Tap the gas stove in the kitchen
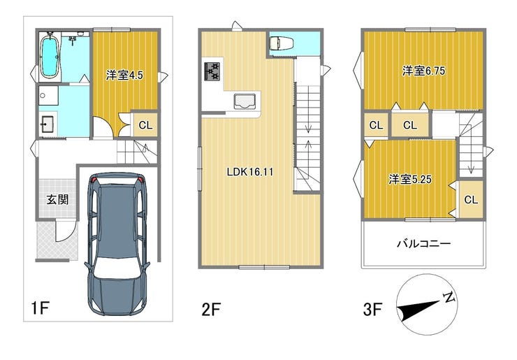(x=212, y=71)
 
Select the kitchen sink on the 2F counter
(x=245, y=101)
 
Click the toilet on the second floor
(x=279, y=43)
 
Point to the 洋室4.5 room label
(x=124, y=75)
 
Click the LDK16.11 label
(x=250, y=171)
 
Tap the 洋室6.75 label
(x=423, y=71)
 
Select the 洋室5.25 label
(x=410, y=179)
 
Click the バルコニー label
(x=423, y=244)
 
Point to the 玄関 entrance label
(x=57, y=199)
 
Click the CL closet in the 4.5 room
(x=145, y=125)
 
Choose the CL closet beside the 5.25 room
(x=471, y=200)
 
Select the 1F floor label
(x=40, y=309)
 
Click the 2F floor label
(x=211, y=310)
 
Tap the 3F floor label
(x=372, y=310)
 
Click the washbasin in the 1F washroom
(x=48, y=124)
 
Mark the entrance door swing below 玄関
(x=66, y=231)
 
